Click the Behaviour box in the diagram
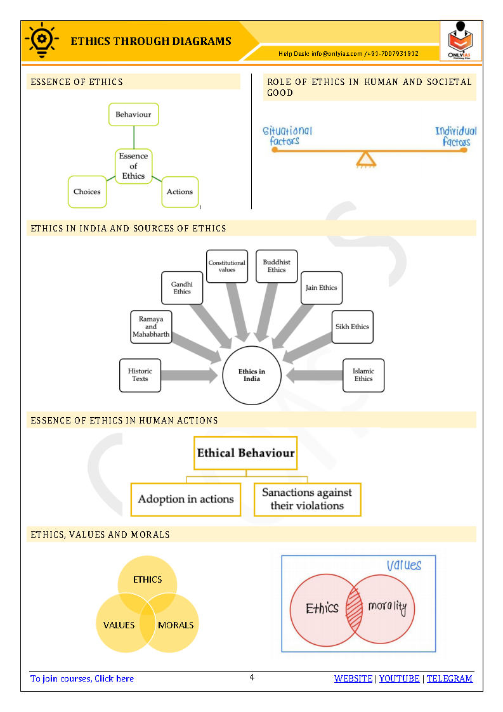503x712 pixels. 133,115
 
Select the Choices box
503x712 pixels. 87,191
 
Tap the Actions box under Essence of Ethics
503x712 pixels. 180,191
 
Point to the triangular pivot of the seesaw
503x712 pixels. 365,159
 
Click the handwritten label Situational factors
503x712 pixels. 287,136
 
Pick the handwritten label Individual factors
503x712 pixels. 455,136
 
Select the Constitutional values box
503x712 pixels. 227,266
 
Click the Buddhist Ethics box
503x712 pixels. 277,266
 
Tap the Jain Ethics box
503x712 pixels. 322,288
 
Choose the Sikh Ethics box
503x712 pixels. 352,327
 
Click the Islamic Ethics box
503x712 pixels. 363,375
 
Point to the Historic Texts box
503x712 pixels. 140,375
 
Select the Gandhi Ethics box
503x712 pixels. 182,288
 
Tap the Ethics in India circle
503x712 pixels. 252,375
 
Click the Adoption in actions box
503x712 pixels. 186,499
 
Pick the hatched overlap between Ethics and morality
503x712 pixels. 354,609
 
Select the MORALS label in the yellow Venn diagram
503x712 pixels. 176,625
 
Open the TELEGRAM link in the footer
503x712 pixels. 449,678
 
